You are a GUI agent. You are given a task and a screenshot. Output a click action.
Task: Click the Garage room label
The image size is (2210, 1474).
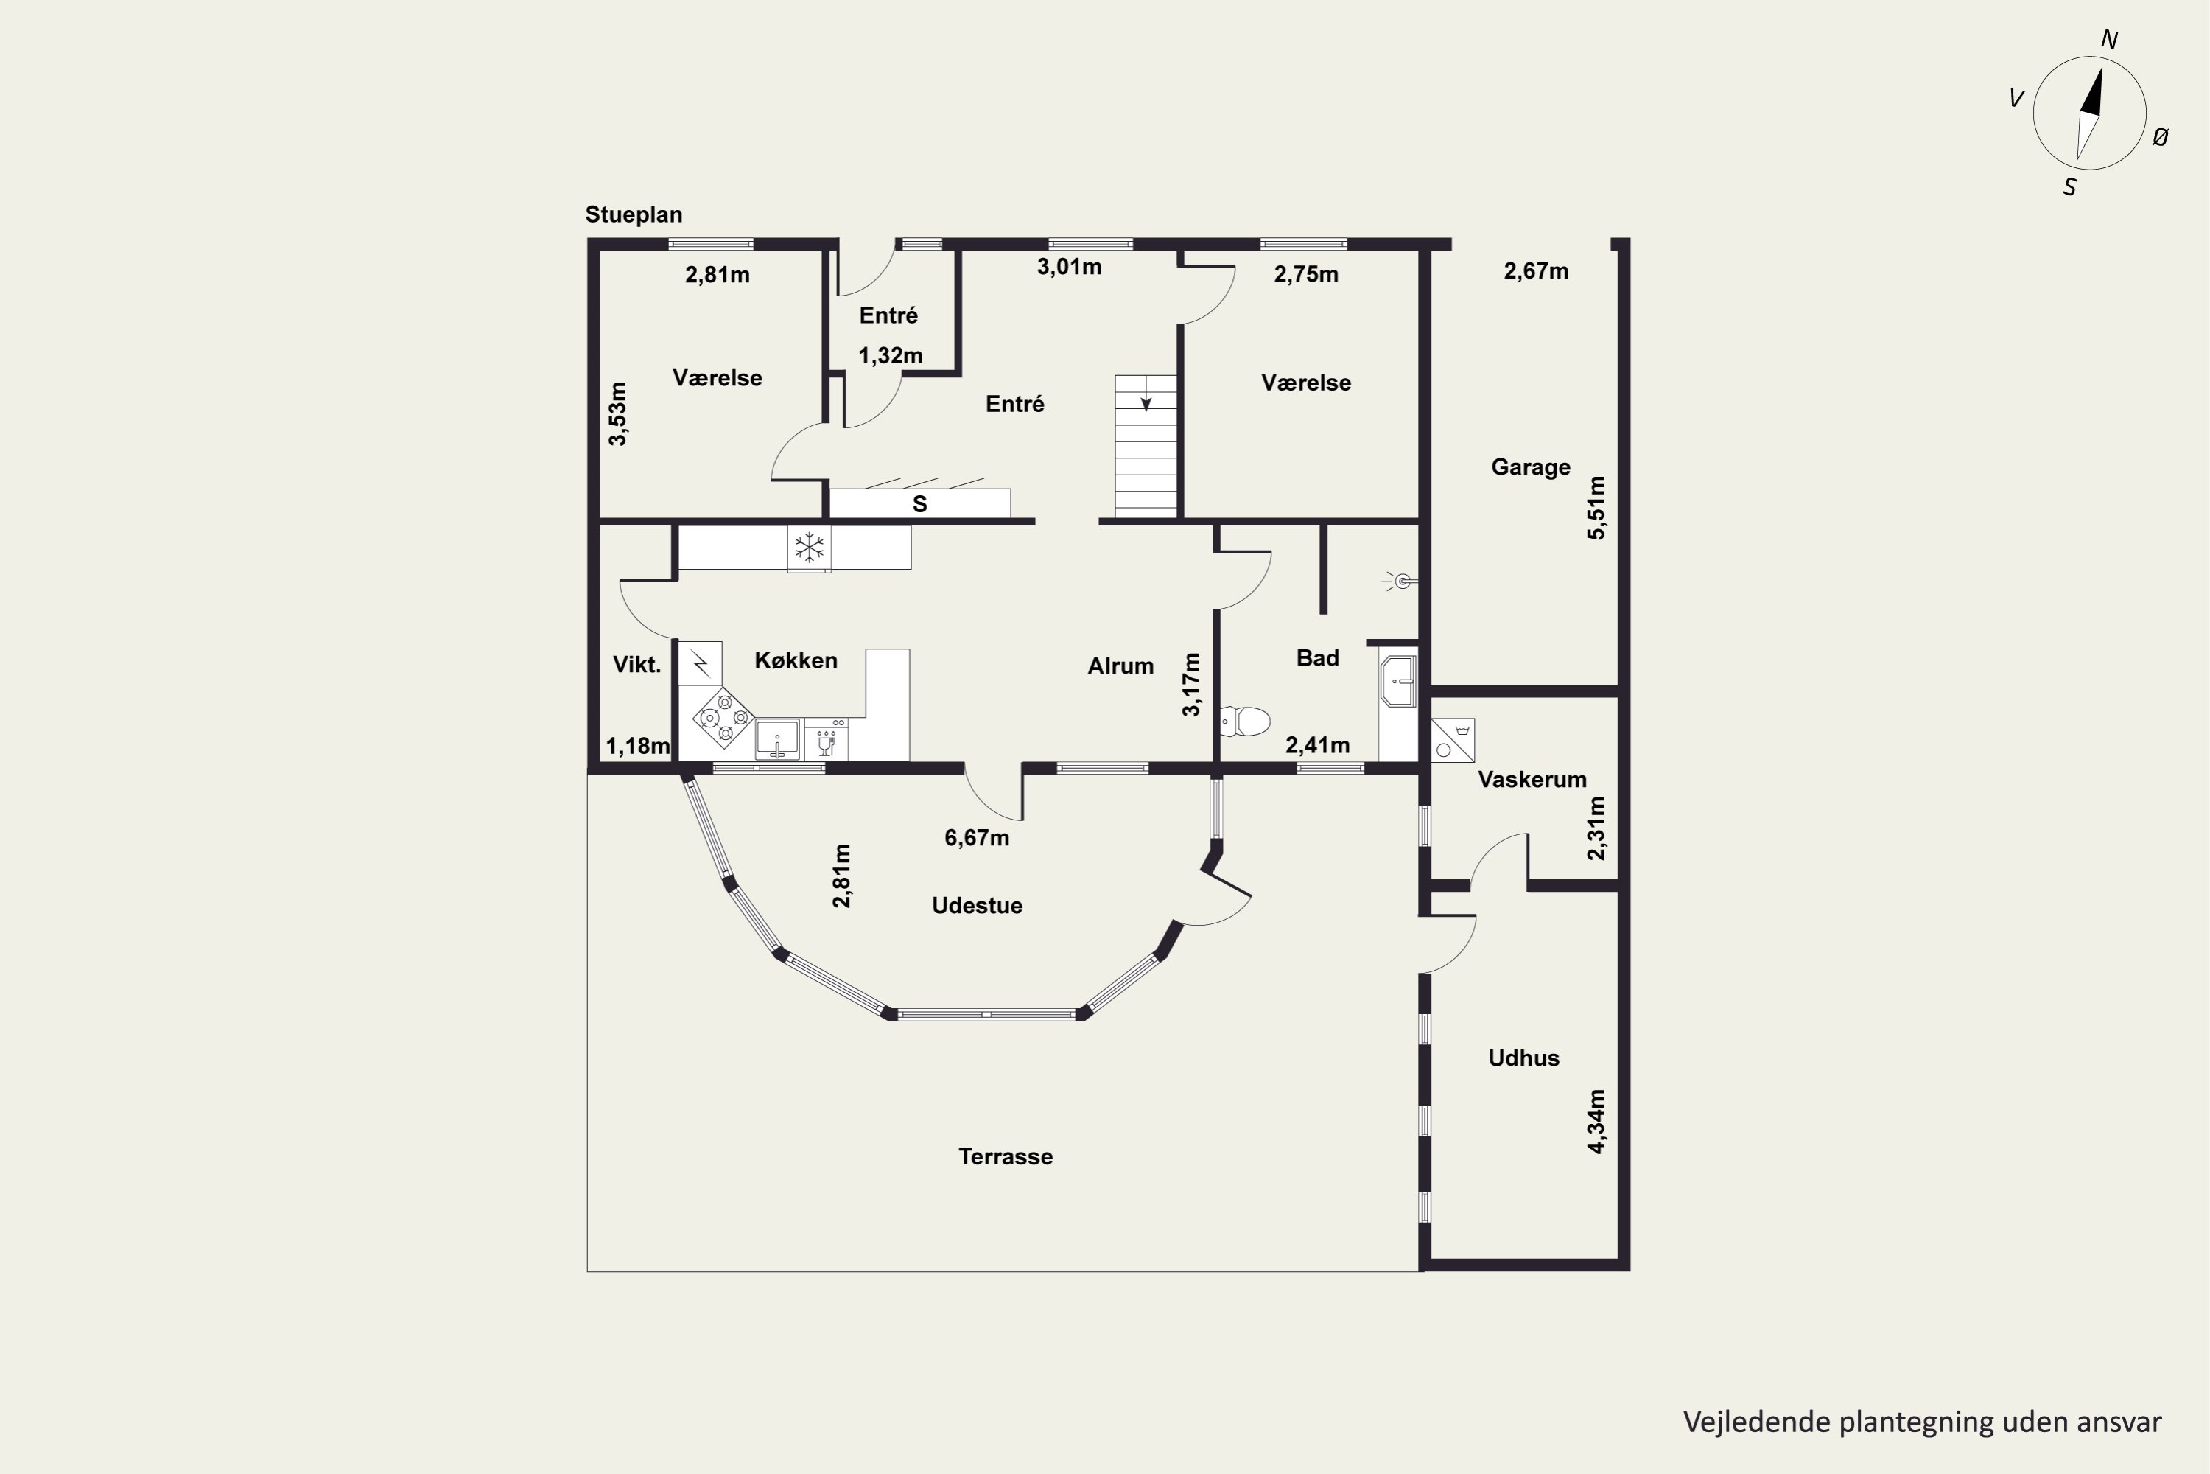[1531, 467]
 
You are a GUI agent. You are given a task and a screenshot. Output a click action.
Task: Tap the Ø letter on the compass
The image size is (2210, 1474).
[2160, 137]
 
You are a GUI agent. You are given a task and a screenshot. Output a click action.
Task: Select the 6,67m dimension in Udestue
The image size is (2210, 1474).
[978, 837]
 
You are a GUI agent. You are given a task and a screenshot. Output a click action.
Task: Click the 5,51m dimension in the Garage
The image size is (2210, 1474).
[1596, 508]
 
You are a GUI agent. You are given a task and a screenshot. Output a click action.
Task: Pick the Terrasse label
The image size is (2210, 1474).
[1006, 1157]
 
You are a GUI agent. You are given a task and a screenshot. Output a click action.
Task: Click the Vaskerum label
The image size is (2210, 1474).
[1532, 779]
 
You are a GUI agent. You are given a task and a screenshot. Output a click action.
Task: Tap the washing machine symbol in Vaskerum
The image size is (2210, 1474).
[1453, 741]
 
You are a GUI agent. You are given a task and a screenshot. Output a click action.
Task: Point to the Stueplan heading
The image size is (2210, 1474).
[634, 215]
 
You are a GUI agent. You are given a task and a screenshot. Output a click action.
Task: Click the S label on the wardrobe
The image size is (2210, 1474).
[920, 505]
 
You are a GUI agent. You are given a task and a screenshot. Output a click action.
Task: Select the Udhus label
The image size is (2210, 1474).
[1524, 1058]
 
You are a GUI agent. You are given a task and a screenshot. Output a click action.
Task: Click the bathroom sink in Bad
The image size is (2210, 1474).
[1398, 680]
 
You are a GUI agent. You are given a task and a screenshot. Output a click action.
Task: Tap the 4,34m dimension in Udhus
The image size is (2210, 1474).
[1596, 1122]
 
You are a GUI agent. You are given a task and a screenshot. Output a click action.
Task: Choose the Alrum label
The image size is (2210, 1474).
[1121, 666]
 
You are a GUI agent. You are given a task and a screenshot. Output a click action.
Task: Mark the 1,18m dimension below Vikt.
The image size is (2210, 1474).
[638, 747]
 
